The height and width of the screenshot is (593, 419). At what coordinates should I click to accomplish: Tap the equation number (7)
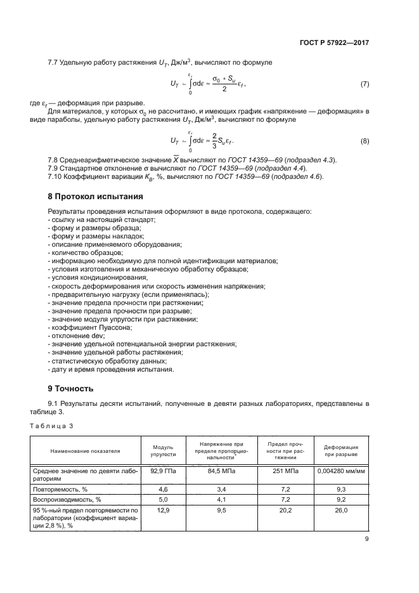coord(364,84)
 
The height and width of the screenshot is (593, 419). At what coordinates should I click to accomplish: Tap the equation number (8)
coord(364,141)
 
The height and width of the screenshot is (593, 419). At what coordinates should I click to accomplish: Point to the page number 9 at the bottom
coord(367,540)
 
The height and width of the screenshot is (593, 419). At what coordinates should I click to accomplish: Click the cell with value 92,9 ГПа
coord(163,471)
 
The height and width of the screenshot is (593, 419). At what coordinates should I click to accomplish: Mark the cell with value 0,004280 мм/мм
coord(342,471)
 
